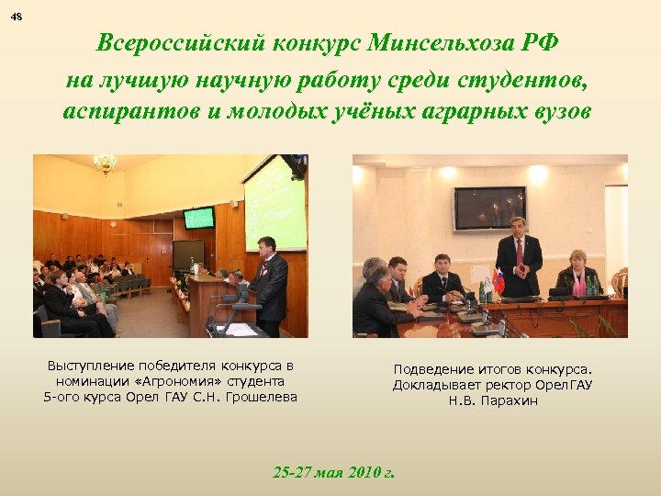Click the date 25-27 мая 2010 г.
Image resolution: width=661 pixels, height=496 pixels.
334,472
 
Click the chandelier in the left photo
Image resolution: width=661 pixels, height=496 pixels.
106,164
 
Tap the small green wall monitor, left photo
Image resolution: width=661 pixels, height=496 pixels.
198,218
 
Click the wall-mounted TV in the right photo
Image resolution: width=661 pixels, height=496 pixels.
489,208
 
